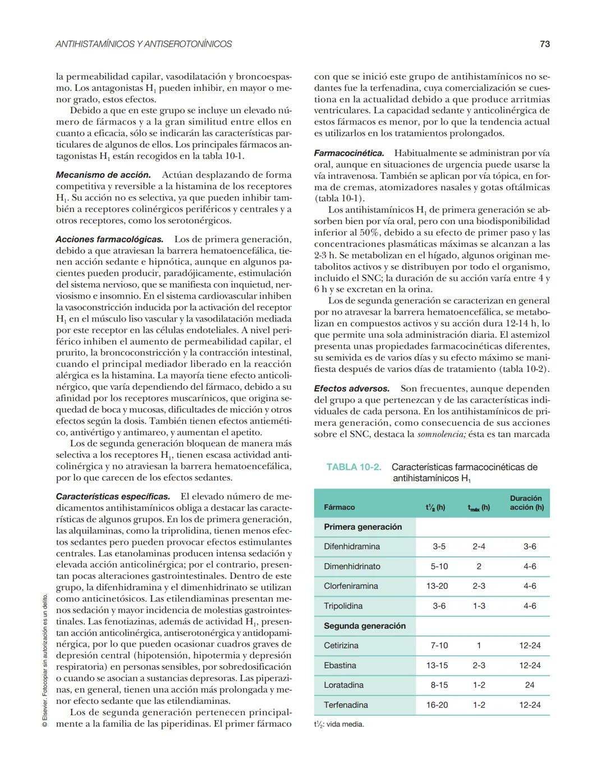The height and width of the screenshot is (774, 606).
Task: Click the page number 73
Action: (544, 44)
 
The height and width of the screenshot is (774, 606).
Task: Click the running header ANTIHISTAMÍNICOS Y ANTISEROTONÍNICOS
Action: (144, 44)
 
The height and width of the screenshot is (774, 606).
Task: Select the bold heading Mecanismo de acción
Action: (103, 175)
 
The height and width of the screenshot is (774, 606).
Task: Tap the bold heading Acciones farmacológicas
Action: (109, 239)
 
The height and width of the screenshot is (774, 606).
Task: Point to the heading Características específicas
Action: (113, 497)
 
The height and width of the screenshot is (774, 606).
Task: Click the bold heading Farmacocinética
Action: (348, 153)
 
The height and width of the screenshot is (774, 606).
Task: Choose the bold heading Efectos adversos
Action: (351, 389)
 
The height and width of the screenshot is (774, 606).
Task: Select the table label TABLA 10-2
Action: (353, 467)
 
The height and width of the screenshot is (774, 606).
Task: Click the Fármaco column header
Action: (339, 507)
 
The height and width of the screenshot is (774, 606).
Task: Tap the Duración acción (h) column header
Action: (526, 503)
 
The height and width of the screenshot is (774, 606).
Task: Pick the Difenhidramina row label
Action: (351, 547)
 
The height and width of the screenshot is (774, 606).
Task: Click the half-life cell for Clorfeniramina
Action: (437, 586)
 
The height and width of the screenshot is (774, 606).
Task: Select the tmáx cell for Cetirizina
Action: (479, 646)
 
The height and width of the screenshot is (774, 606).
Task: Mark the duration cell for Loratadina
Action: (529, 685)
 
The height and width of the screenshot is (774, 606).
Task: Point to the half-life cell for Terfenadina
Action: (437, 705)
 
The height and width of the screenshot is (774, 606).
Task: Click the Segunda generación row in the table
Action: (364, 626)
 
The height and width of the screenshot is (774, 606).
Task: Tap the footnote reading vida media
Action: (339, 724)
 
